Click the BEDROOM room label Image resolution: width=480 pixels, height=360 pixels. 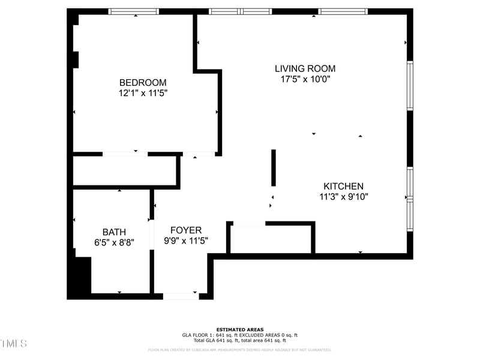pyautogui.click(x=143, y=83)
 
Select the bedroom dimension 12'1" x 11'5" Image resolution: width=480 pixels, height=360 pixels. pyautogui.click(x=143, y=93)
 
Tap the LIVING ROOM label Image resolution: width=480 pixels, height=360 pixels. pyautogui.click(x=305, y=68)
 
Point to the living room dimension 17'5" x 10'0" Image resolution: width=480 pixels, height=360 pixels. pyautogui.click(x=305, y=79)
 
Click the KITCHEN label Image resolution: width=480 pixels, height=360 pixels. pyautogui.click(x=343, y=186)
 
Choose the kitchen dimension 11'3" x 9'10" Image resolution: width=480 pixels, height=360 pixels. pyautogui.click(x=343, y=196)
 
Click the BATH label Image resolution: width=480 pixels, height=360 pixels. pyautogui.click(x=114, y=232)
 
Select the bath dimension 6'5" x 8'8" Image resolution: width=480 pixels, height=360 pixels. pyautogui.click(x=114, y=242)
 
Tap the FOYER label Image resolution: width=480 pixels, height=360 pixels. pyautogui.click(x=186, y=230)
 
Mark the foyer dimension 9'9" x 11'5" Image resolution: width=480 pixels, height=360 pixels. pyautogui.click(x=186, y=241)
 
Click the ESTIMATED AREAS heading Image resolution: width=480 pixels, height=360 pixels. pyautogui.click(x=240, y=329)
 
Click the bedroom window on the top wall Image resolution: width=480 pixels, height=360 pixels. pyautogui.click(x=133, y=11)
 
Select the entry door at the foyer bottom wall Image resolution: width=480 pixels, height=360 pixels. pyautogui.click(x=181, y=296)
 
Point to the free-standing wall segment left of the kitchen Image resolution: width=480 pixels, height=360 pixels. pyautogui.click(x=274, y=168)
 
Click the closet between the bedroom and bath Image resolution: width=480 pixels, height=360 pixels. pyautogui.click(x=124, y=171)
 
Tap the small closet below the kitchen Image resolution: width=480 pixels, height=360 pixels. pyautogui.click(x=271, y=239)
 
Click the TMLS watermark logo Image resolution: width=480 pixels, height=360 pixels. pyautogui.click(x=13, y=344)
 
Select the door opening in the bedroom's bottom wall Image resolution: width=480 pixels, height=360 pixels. pyautogui.click(x=125, y=154)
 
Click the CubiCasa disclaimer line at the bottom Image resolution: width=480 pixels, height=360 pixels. pyautogui.click(x=240, y=350)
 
